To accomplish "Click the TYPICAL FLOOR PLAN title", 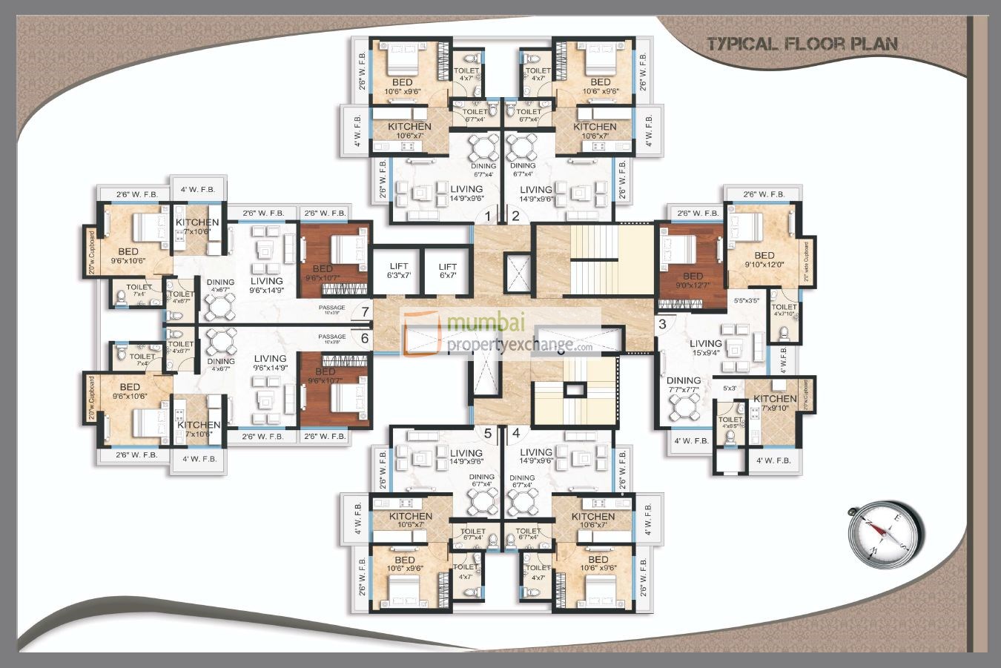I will tap(802, 44).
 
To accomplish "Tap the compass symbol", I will tap(886, 532).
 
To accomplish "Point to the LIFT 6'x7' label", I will tap(447, 271).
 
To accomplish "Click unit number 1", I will tap(488, 216).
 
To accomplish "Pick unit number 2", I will tap(515, 216).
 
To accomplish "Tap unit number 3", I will tap(662, 323).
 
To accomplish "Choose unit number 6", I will tap(365, 338).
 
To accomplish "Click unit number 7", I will tap(365, 311).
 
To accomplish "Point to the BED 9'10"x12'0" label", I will tap(764, 260).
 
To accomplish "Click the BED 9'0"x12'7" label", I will tap(693, 281).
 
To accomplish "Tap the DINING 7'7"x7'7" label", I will tap(683, 386).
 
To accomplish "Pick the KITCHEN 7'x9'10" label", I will tap(775, 403).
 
